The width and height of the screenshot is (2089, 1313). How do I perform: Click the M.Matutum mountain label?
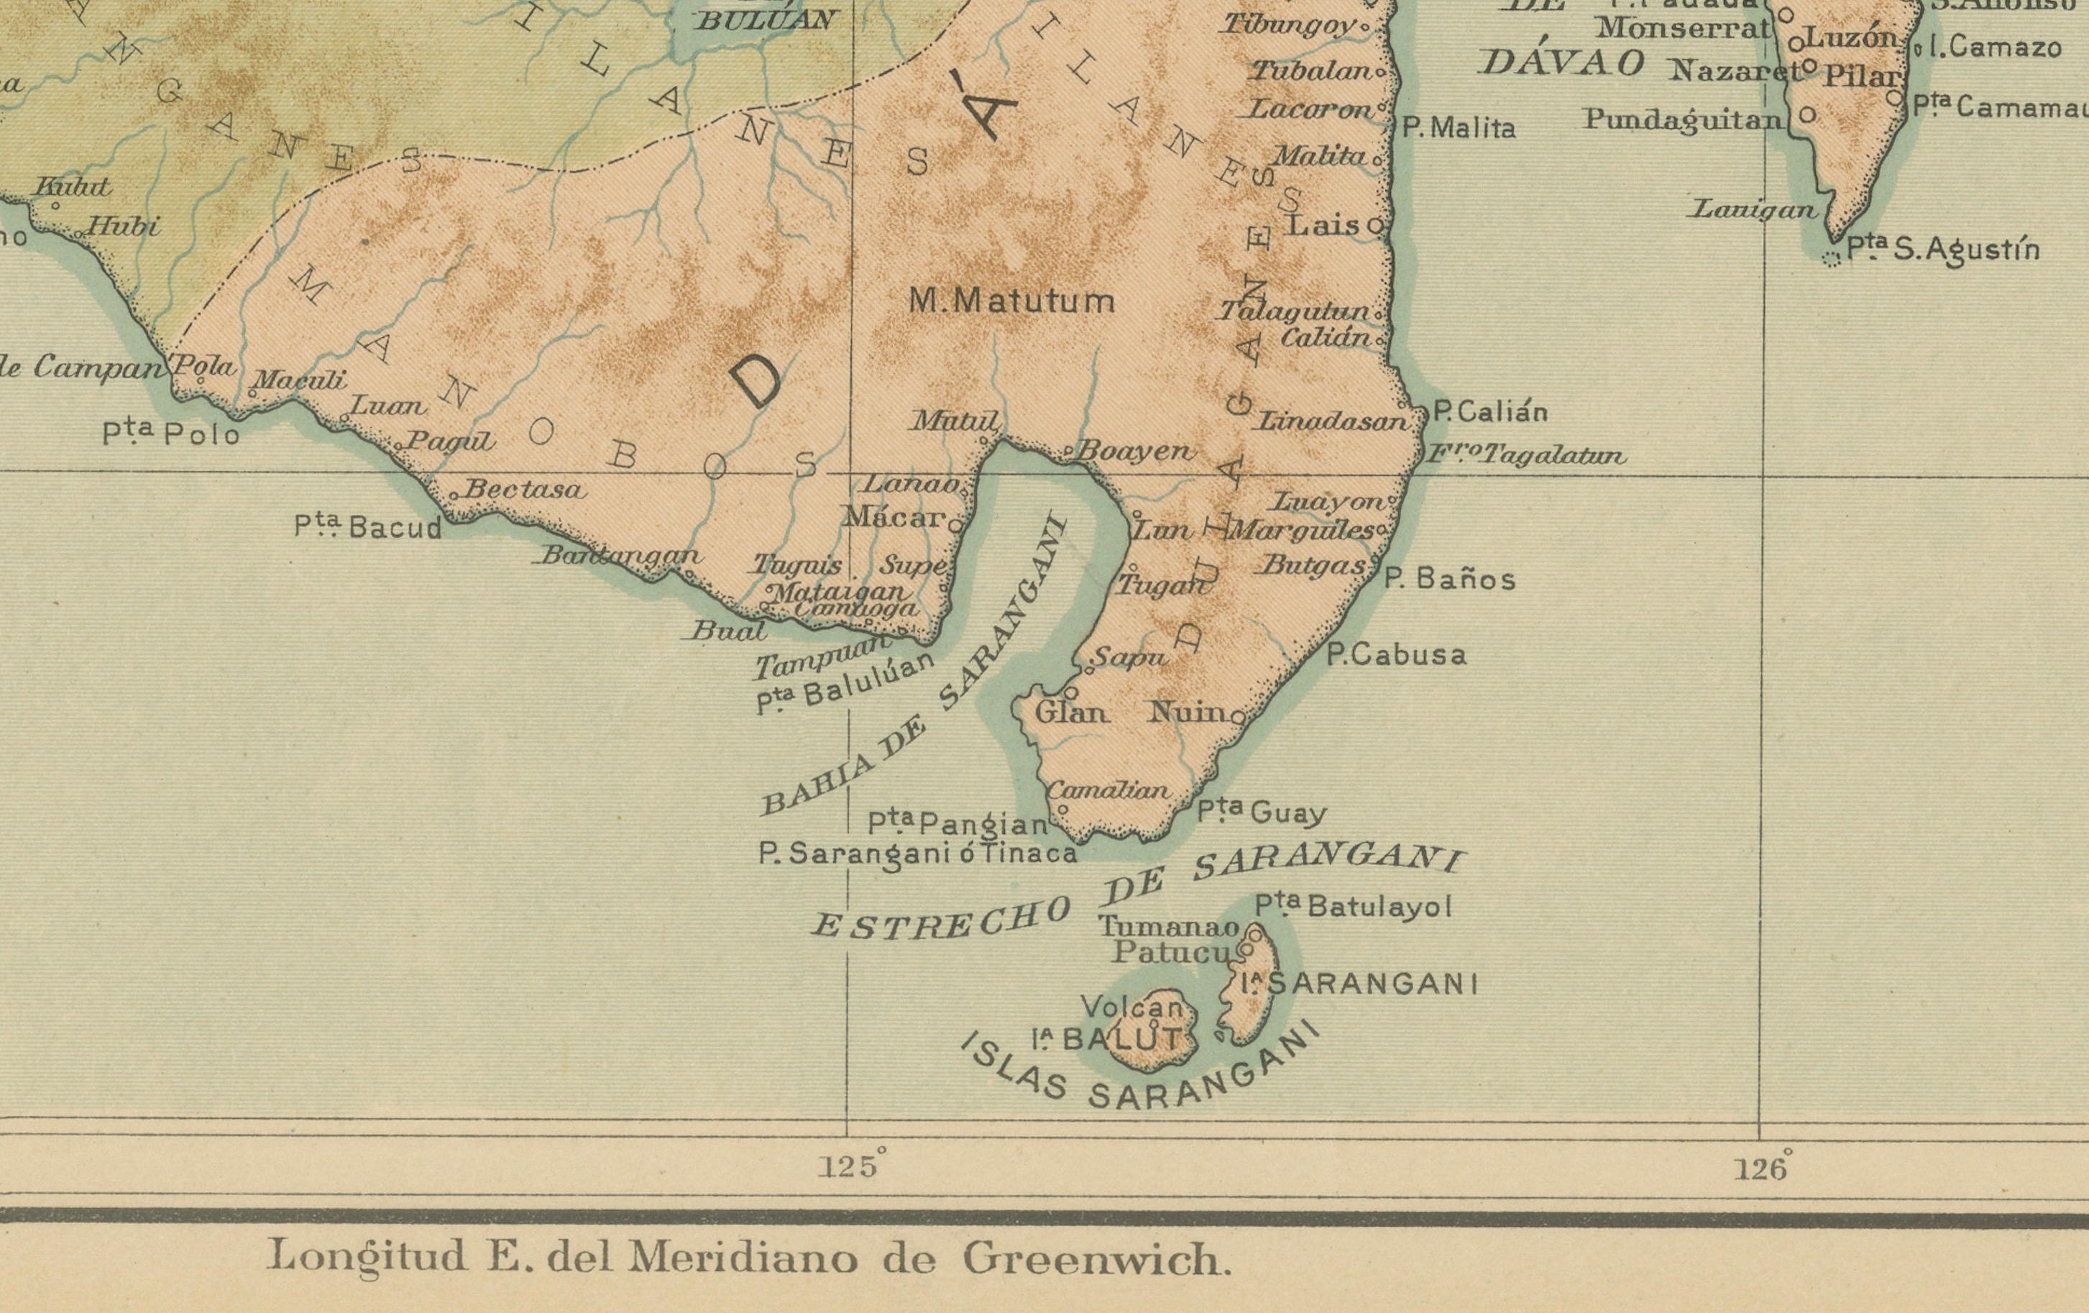(1011, 302)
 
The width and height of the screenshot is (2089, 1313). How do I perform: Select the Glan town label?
(1071, 713)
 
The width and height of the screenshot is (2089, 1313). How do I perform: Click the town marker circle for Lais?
(1376, 227)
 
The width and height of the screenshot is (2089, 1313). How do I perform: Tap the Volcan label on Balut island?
(1132, 1008)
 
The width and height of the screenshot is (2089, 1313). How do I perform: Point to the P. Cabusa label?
(1396, 655)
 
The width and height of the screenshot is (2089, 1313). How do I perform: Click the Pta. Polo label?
(171, 433)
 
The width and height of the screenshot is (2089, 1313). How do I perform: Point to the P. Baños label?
(1448, 579)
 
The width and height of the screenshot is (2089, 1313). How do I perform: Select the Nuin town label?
(1187, 713)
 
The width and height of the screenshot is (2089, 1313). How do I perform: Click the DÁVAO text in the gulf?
(1561, 63)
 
